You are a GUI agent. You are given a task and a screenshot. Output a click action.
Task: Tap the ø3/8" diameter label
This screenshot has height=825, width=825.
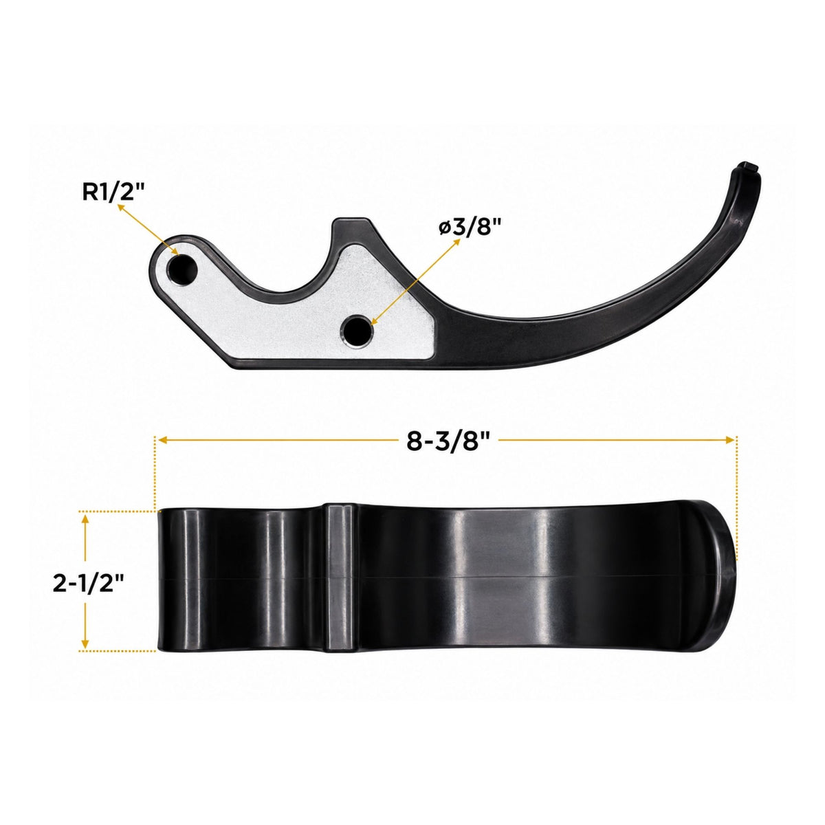point(470,227)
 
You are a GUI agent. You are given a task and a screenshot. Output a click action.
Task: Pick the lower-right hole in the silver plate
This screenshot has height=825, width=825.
point(357,330)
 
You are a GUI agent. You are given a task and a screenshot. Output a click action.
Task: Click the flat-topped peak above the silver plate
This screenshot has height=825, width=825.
point(351,221)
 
